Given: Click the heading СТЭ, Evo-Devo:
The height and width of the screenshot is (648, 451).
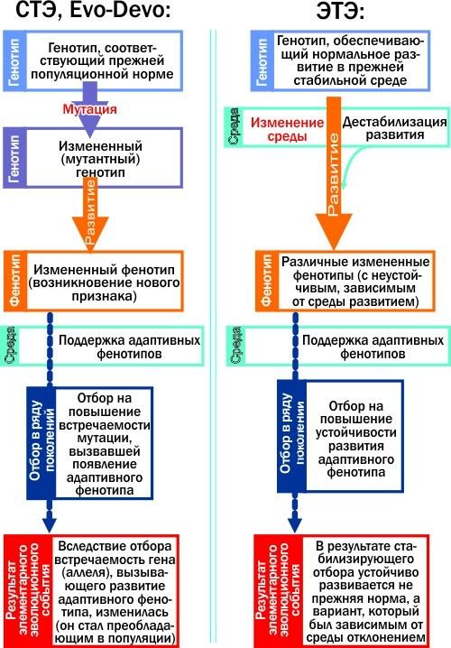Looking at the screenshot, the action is coord(93,9).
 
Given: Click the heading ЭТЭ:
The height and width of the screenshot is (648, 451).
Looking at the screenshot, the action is coord(341,11).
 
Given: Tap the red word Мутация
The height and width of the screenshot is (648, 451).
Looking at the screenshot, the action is coord(89,109).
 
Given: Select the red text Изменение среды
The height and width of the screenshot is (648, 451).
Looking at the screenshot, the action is coord(288,129).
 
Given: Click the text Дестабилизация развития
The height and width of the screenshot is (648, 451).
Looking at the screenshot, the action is coord(394,128).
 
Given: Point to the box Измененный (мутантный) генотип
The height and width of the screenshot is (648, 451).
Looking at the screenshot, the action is coord(93,157).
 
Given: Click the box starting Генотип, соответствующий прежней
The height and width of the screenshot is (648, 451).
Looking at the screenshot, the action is coord(93,60).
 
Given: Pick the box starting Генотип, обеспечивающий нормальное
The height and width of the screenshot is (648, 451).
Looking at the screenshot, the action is coord(340,60).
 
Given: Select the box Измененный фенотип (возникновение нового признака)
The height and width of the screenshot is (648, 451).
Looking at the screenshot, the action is coord(94,281).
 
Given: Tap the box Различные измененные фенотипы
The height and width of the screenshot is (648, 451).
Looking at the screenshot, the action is coord(345,281).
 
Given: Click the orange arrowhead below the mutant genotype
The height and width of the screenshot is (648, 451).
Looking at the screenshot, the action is coord(90,234).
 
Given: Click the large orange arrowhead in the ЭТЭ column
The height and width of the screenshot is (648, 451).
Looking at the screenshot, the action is coord(334,231).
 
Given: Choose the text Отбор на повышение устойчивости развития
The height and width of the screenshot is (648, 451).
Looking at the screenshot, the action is coord(355,439).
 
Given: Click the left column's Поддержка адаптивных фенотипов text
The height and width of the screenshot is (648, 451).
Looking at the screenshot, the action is coord(129,347).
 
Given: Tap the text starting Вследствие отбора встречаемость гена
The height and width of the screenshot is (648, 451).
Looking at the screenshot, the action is coord(115,592).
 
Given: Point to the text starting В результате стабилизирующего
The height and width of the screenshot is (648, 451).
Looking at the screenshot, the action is coord(365,592).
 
